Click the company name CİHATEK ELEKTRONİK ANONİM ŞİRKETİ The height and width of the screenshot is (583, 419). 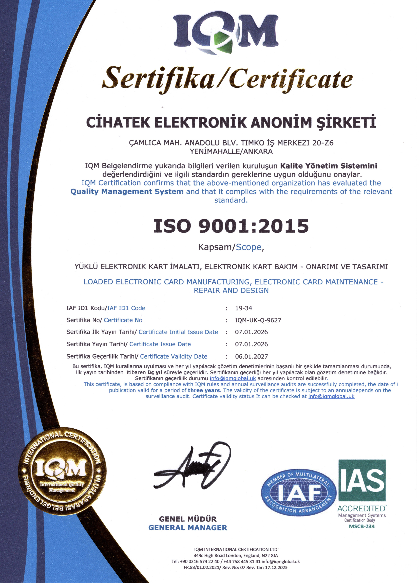click(x=231, y=122)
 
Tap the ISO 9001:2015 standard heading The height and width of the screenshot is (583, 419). click(x=231, y=226)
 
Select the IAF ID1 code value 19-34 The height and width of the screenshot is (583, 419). click(x=243, y=308)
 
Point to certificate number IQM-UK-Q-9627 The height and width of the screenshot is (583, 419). click(x=258, y=320)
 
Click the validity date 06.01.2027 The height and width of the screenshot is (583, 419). click(x=251, y=356)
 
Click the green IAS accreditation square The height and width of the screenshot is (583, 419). click(x=362, y=480)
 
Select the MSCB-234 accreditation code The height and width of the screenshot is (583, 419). click(x=361, y=526)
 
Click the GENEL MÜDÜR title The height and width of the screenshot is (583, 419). click(x=187, y=519)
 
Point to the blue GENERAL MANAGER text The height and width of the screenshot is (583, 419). click(x=187, y=527)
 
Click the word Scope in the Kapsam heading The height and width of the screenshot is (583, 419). click(x=249, y=247)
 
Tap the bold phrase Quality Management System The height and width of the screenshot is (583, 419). click(x=127, y=192)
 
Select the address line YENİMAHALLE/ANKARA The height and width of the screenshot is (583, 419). click(x=231, y=151)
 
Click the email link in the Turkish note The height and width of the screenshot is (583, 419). click(x=233, y=378)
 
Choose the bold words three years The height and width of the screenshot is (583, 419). click(x=204, y=390)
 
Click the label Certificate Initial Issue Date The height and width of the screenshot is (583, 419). click(x=178, y=332)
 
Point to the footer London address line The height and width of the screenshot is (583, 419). click(x=236, y=555)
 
